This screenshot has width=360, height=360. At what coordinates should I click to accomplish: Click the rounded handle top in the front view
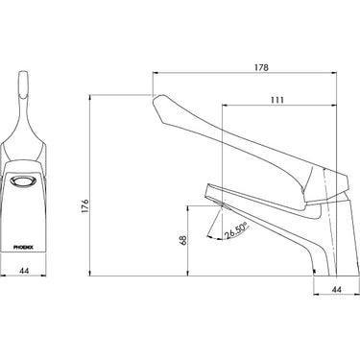[x=26, y=87]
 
